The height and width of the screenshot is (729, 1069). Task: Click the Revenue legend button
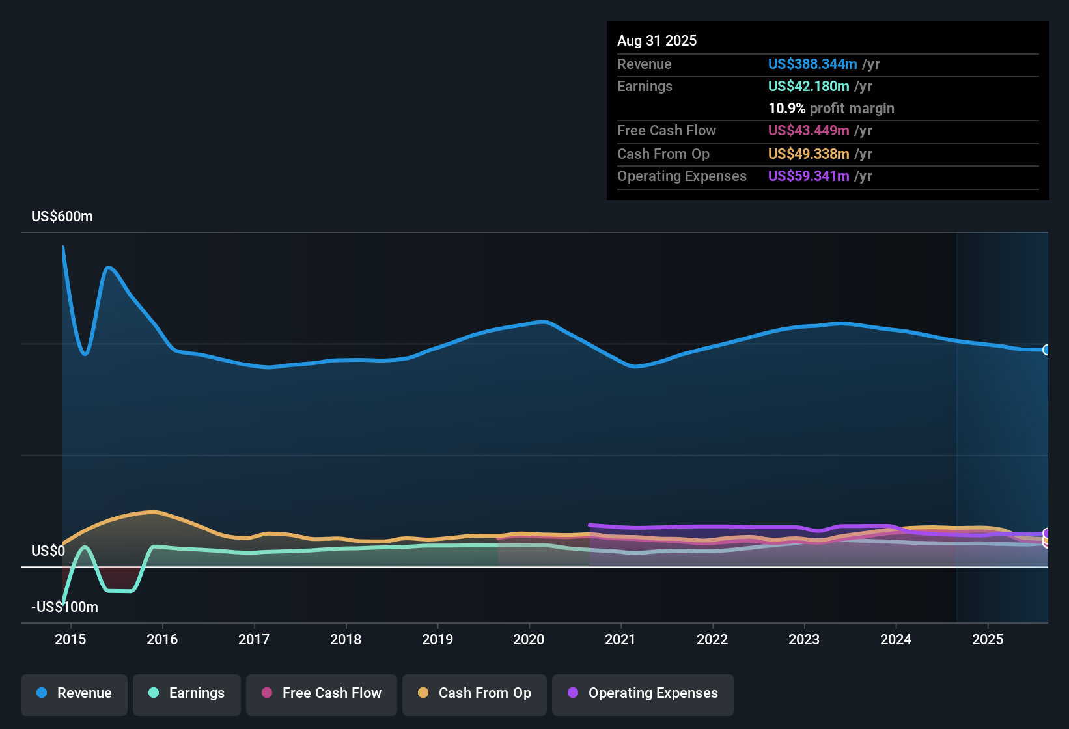[74, 693]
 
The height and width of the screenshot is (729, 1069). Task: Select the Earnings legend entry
[187, 693]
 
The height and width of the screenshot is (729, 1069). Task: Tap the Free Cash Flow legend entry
[322, 693]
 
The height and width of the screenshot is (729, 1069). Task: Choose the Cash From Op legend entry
[475, 693]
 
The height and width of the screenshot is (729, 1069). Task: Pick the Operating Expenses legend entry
[643, 693]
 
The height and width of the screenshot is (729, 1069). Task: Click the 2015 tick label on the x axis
[70, 639]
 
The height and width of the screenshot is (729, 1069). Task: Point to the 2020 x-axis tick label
[529, 639]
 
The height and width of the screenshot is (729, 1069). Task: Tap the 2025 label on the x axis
[988, 639]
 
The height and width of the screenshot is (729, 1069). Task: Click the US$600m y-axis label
[62, 217]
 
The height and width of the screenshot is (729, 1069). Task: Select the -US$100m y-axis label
[64, 607]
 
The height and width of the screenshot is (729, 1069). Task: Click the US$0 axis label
[48, 551]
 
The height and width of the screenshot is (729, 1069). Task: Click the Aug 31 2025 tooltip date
[657, 41]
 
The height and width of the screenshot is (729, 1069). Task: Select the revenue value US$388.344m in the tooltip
[812, 64]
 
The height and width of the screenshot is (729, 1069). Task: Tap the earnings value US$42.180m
[808, 87]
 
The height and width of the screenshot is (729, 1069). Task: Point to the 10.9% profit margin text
[831, 109]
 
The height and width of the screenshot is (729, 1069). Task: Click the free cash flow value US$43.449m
[808, 131]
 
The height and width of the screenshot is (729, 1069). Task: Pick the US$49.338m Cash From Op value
[808, 154]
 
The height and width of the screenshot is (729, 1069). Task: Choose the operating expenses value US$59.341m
[808, 176]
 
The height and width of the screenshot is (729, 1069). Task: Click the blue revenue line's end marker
[1046, 350]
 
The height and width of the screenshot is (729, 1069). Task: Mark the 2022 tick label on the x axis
[712, 639]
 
